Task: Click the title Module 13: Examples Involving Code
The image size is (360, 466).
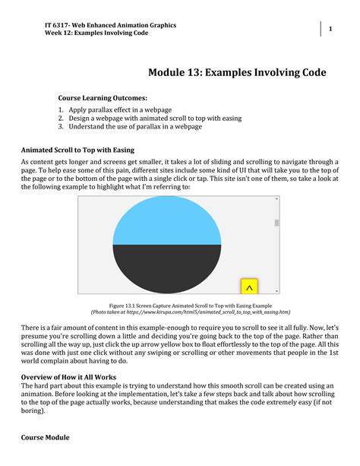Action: pyautogui.click(x=237, y=73)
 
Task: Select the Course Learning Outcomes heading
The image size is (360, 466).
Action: pyautogui.click(x=103, y=98)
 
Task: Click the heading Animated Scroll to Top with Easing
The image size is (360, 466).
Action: pyautogui.click(x=77, y=150)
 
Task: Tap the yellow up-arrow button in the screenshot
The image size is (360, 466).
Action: pyautogui.click(x=249, y=287)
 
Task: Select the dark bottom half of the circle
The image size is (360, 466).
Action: pyautogui.click(x=166, y=266)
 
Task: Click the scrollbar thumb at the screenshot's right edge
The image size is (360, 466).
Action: pyautogui.click(x=276, y=223)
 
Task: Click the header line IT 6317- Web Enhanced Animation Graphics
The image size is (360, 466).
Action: pyautogui.click(x=110, y=25)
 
